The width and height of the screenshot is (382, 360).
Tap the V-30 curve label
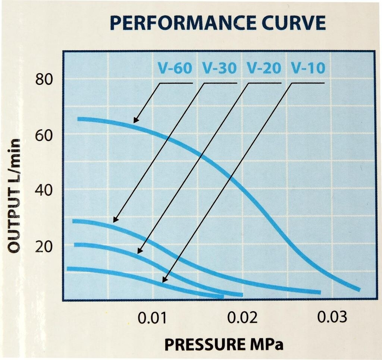coord(219,68)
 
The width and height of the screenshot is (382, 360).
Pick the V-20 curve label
coord(264,68)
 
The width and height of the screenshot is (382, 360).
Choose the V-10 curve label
coord(308,68)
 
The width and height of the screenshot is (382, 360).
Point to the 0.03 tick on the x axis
coord(332,318)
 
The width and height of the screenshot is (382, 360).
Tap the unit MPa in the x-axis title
coord(267,344)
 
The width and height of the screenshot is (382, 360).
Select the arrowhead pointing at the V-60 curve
coord(135,121)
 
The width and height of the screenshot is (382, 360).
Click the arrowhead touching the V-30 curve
coord(115,221)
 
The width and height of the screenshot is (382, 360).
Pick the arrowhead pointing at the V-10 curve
coord(165,281)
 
